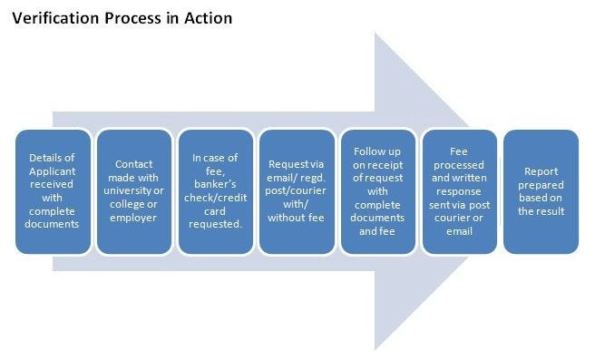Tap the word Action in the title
207,17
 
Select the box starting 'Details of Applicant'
53,191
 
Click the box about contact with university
133,191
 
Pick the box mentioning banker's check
214,191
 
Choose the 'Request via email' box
296,191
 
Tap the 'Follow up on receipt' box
377,191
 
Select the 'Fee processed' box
459,191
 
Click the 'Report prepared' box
541,191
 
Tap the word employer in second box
133,219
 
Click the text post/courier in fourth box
296,191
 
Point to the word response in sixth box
459,205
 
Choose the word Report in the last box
541,170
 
